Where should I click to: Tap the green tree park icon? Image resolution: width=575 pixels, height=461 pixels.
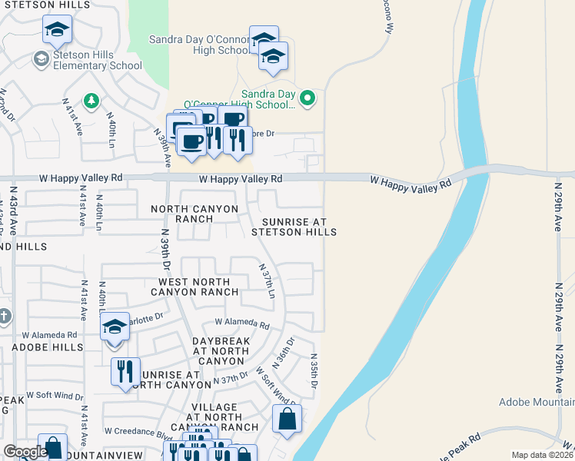tap(91, 100)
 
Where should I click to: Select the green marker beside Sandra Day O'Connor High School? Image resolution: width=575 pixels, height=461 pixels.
tap(307, 98)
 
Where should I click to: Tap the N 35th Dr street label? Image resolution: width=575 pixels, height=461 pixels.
tap(313, 370)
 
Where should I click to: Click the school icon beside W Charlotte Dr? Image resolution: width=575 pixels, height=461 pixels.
tap(114, 327)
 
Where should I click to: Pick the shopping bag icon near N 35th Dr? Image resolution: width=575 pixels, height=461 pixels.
tap(287, 420)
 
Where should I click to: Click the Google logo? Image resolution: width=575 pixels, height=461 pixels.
tap(25, 452)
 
